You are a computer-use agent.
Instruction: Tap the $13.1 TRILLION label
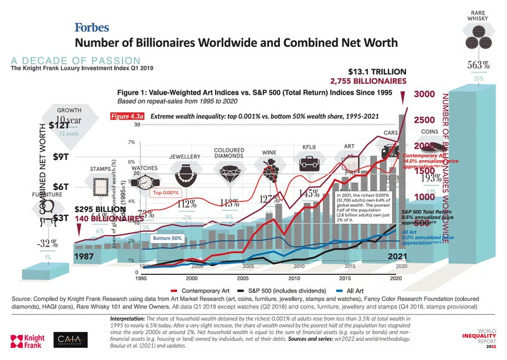377,71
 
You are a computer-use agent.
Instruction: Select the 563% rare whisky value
478,64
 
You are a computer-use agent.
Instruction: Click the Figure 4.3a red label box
128,117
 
